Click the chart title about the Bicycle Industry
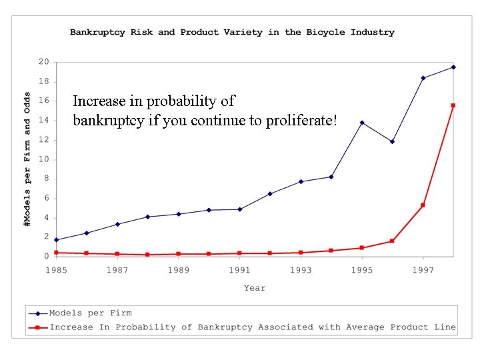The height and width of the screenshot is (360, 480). (x=232, y=32)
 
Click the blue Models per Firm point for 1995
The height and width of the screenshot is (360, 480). (x=362, y=123)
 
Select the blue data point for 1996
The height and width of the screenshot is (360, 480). (x=393, y=141)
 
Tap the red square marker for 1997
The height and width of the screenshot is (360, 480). (x=423, y=205)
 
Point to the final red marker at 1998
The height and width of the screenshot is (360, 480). (x=453, y=105)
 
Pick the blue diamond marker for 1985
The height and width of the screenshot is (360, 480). (x=56, y=239)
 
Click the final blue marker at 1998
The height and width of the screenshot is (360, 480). (x=453, y=67)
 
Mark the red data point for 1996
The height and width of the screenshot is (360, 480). (x=393, y=241)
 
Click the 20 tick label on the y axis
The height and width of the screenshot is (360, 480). (x=43, y=62)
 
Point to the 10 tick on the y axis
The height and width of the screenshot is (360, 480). (x=43, y=159)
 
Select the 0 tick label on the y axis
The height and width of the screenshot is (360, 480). (x=46, y=256)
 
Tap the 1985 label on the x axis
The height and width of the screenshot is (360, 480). (x=56, y=270)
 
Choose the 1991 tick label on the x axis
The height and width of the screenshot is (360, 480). (x=239, y=270)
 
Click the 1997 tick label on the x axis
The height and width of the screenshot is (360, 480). (x=423, y=270)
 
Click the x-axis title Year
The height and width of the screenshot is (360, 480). (x=254, y=288)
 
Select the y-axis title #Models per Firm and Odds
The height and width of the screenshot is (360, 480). (x=27, y=159)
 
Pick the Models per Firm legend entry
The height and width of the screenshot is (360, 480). (x=90, y=313)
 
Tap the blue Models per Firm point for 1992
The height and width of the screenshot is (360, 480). (x=270, y=193)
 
